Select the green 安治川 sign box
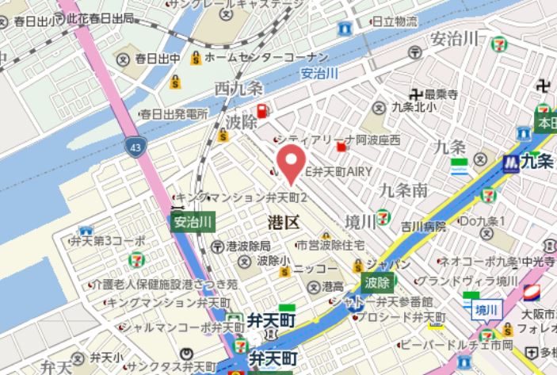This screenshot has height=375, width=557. [191, 221]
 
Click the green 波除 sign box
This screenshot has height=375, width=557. [377, 281]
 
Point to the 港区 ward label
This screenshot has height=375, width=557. [281, 222]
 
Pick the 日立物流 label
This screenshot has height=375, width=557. [395, 21]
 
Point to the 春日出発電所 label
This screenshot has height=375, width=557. [173, 115]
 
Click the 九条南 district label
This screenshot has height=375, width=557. [403, 189]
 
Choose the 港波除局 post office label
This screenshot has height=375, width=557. [248, 246]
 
